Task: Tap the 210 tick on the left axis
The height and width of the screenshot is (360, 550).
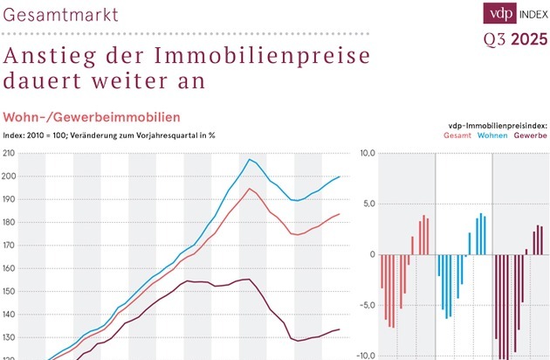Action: pyautogui.click(x=10, y=154)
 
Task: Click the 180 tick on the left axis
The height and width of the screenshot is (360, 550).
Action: pyautogui.click(x=10, y=222)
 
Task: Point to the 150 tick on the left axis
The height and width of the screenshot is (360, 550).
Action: pyautogui.click(x=10, y=291)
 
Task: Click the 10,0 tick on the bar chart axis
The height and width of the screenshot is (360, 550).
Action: pyautogui.click(x=366, y=154)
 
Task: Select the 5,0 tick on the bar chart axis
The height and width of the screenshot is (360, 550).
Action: pyautogui.click(x=368, y=204)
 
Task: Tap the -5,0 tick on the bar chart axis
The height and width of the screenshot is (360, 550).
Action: pyautogui.click(x=367, y=306)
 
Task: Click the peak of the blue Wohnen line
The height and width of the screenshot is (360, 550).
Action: pyautogui.click(x=250, y=159)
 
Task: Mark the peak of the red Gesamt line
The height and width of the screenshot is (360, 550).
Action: pyautogui.click(x=250, y=188)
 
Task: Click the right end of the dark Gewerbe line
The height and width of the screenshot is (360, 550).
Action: pyautogui.click(x=339, y=329)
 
